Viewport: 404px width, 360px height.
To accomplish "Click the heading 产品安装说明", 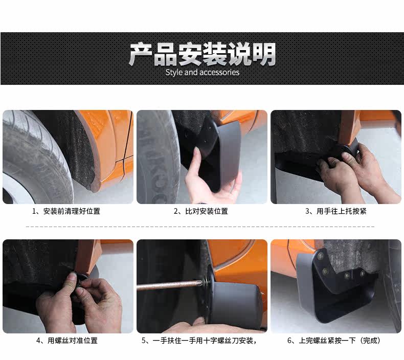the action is [203, 54].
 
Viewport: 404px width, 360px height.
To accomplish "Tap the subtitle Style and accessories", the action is [203, 73].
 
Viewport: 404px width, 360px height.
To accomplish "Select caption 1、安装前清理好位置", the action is [66, 211].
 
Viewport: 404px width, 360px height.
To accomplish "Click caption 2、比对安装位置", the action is [200, 211].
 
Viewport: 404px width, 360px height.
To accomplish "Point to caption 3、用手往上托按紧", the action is [335, 211].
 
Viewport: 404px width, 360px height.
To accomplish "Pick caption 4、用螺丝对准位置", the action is [67, 341].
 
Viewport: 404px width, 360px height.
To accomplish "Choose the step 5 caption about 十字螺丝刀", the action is [199, 341].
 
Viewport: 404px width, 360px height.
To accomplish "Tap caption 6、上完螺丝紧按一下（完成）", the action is [334, 341].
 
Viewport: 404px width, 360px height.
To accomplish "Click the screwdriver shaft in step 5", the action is [169, 285].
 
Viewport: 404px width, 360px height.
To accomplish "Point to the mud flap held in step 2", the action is [219, 154].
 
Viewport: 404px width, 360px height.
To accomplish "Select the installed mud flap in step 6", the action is [335, 286].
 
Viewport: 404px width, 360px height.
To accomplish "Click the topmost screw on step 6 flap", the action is [321, 256].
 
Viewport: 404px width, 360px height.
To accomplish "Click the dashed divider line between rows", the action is [200, 227].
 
